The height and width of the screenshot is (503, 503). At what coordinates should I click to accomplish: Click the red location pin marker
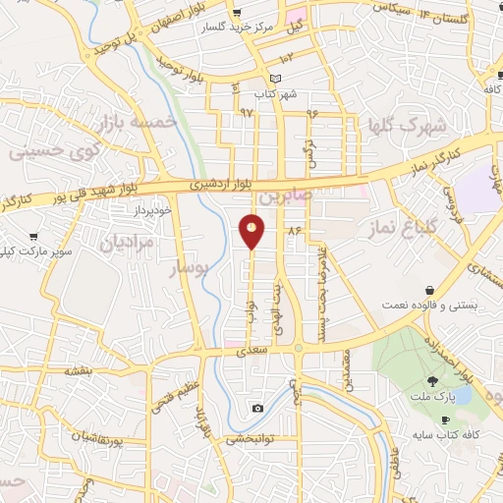[252, 230]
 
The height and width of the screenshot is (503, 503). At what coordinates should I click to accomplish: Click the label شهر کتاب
[275, 95]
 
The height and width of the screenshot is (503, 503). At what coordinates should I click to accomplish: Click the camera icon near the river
[257, 408]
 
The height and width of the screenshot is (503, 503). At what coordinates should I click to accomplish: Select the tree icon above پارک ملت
[432, 381]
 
